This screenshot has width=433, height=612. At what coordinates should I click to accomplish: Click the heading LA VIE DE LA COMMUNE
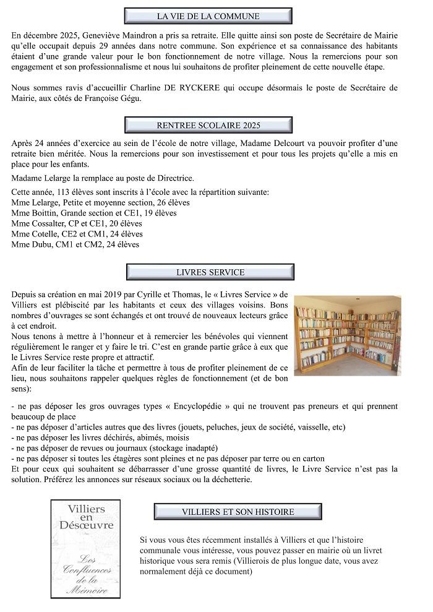[208, 16]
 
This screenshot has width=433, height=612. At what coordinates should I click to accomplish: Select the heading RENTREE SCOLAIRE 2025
[208, 125]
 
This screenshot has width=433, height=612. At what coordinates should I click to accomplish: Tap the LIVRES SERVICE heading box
[210, 272]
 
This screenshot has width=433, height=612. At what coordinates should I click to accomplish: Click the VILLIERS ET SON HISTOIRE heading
[238, 512]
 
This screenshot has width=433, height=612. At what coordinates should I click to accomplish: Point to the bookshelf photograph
[347, 335]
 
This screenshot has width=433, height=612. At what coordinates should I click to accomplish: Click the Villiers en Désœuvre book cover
[86, 548]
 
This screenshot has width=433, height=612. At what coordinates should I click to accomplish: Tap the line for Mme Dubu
[75, 244]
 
